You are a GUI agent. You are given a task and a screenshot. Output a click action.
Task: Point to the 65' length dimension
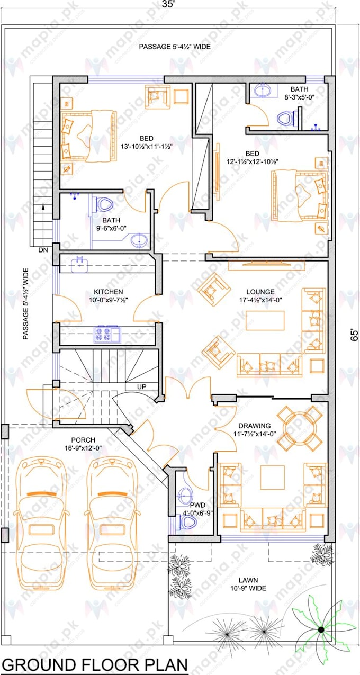(353, 334)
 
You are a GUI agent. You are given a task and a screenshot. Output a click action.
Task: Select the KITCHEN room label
(109, 292)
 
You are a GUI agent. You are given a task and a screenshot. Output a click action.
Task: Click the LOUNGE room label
(260, 292)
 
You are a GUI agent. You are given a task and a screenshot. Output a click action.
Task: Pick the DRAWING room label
(254, 425)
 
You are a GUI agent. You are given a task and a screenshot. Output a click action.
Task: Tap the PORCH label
(83, 440)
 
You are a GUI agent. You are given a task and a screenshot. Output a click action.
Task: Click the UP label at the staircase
(141, 387)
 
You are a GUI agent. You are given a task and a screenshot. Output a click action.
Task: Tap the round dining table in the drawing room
(300, 427)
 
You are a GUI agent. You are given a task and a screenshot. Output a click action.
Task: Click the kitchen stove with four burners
(103, 334)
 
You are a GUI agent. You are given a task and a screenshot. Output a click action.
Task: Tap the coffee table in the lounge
(265, 320)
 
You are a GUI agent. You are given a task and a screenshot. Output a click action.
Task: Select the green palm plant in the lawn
(321, 628)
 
